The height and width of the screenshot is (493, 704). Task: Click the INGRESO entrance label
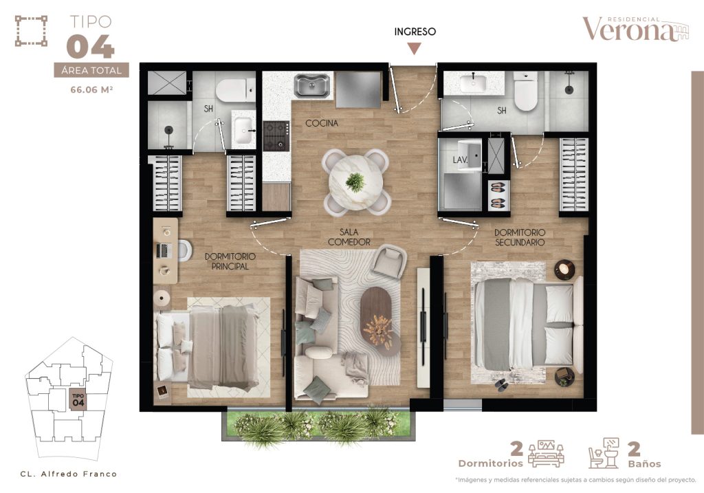coord(415,32)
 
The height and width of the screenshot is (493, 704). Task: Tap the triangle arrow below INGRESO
coord(414,48)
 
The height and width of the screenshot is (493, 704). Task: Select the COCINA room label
coord(322,123)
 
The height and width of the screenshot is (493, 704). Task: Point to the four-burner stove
coord(275,135)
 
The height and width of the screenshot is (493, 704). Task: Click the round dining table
coord(355,182)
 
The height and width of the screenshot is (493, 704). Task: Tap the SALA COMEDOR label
coord(349,237)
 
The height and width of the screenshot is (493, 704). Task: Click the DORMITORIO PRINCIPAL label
coord(230,261)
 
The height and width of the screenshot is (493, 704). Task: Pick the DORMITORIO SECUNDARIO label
coord(520,237)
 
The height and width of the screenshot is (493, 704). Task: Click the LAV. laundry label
coord(460,160)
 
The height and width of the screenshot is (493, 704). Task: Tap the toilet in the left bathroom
coord(235,90)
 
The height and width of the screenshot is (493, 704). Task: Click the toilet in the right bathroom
coord(525,91)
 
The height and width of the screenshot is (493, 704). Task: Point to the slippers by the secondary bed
coord(501,385)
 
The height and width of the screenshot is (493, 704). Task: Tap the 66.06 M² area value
coord(91,90)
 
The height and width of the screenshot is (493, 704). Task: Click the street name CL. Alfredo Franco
coord(69,474)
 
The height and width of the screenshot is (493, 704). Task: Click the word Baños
coord(645,463)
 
